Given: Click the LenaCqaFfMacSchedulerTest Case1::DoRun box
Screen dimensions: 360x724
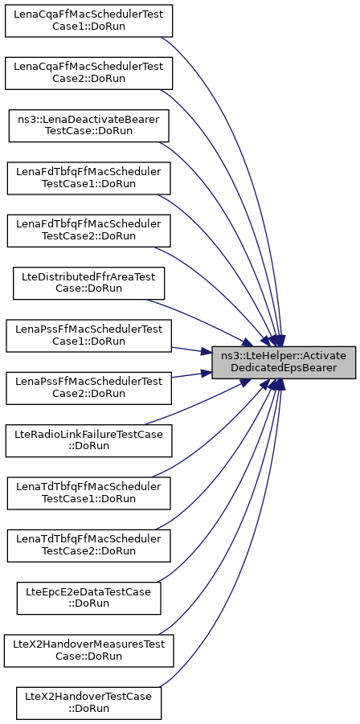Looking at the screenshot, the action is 88,21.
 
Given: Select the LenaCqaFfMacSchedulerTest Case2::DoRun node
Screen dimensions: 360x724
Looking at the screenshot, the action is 88,73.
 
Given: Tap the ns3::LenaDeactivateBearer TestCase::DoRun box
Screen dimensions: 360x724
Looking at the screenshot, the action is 88,125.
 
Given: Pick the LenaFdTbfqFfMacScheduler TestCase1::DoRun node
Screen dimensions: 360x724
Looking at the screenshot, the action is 88,178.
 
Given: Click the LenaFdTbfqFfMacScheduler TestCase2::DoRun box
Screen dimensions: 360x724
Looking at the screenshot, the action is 88,231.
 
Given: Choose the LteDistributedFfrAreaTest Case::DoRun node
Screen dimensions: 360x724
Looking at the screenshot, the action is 88,283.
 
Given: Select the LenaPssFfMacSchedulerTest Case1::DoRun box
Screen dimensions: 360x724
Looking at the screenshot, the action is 88,336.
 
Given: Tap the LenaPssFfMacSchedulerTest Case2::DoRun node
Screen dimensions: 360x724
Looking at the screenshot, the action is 88,388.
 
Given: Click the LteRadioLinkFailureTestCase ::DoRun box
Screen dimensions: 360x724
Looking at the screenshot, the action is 88,440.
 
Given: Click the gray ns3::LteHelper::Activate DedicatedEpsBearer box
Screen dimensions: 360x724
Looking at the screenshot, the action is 284,362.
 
